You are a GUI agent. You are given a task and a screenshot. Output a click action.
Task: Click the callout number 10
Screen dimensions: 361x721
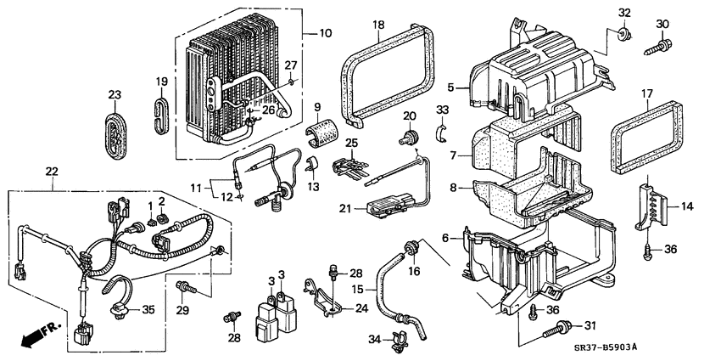coord(326,34)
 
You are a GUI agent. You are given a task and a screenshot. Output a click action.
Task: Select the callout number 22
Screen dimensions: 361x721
coord(53,172)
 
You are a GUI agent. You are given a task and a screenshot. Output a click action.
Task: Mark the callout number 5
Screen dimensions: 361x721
coord(451,86)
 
